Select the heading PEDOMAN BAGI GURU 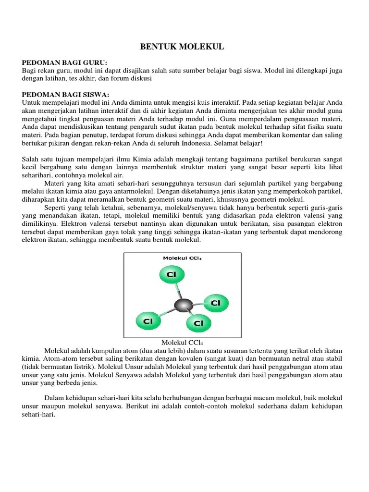pos(65,63)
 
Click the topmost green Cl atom pos(171,274)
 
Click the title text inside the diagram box pos(183,258)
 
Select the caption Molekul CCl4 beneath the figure pos(182,342)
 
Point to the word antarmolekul pos(145,191)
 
